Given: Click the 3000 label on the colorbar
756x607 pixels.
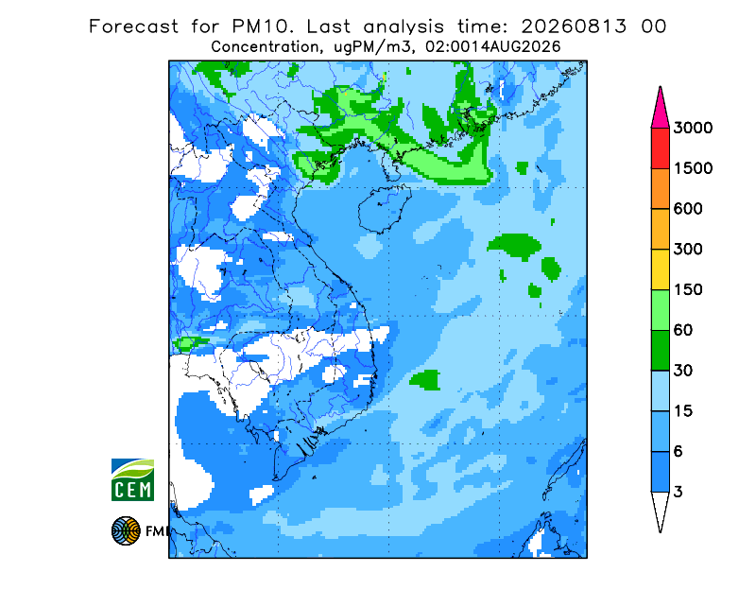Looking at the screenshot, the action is [693, 128].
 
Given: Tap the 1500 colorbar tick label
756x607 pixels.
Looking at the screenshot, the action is [693, 168].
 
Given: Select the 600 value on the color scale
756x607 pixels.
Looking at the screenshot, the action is [688, 209].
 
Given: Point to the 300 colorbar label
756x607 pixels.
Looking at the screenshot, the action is [688, 250].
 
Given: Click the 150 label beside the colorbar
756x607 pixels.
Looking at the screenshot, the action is [688, 290].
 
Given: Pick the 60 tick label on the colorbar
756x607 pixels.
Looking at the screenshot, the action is [682, 331].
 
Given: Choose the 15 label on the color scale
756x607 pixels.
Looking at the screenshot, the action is [682, 411].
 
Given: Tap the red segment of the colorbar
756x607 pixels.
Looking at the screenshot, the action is [660, 148].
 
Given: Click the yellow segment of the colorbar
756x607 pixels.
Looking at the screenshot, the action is [660, 269].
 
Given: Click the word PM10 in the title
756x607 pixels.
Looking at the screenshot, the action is [263, 26].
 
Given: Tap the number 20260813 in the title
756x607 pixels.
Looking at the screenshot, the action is [574, 26].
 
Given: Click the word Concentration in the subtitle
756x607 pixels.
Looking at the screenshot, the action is [265, 47].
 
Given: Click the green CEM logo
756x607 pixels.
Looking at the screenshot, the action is [132, 479].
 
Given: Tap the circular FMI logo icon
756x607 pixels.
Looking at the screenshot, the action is [126, 530].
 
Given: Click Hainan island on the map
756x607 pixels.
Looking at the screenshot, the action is [384, 209].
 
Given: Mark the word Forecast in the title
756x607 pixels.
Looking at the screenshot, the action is [133, 26].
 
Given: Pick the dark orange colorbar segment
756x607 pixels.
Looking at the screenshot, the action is [660, 189].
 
